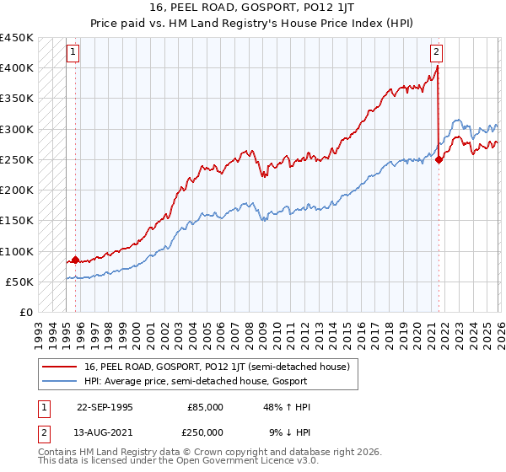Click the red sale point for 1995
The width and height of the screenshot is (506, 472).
[x=75, y=260]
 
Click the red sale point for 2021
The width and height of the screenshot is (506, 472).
[x=439, y=160]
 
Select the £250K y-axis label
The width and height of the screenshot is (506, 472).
[x=17, y=159]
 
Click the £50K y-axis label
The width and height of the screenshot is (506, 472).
[x=20, y=282]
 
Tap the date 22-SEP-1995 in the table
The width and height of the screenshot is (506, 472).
[x=105, y=407]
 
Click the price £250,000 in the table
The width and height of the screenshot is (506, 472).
[x=205, y=432]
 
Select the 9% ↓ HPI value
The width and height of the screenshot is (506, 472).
[x=289, y=432]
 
